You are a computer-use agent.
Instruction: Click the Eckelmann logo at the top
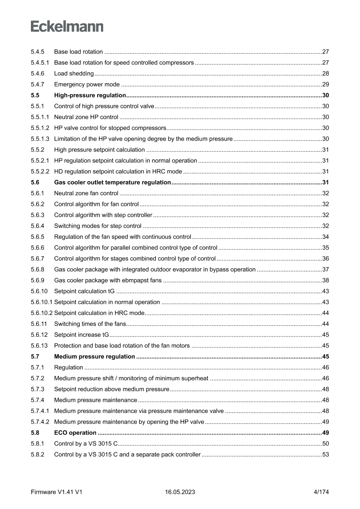click(67, 27)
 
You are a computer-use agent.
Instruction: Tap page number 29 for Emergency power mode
click(325, 84)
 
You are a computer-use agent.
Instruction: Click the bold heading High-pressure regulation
click(90, 95)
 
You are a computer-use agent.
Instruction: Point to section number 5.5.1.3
click(40, 138)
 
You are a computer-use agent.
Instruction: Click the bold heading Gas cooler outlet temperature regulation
click(112, 182)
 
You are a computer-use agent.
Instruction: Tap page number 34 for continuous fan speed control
click(325, 236)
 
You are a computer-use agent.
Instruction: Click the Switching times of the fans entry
click(90, 324)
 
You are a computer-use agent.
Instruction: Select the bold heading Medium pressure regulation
click(94, 357)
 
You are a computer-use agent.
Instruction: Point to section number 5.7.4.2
click(40, 422)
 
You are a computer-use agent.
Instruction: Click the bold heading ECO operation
click(75, 433)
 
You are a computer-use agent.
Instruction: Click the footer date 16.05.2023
click(180, 492)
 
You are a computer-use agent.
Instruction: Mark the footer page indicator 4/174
click(321, 492)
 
